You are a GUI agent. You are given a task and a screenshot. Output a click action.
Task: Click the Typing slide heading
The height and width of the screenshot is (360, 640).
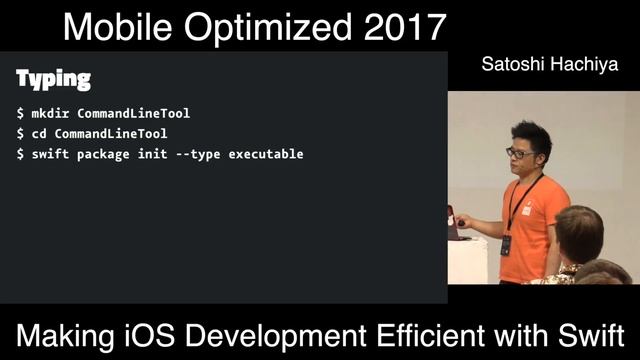54,79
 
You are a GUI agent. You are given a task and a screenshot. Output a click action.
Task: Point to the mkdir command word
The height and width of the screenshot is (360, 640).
50,114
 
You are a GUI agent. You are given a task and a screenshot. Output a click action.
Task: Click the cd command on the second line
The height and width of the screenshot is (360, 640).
38,134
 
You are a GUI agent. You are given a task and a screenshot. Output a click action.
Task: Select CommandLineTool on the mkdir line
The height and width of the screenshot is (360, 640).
133,114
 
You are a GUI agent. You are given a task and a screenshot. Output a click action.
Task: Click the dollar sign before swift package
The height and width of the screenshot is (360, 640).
20,154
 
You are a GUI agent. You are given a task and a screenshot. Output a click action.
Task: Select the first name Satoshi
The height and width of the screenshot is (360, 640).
510,66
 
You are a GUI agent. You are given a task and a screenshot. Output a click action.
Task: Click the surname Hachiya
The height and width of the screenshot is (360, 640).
582,66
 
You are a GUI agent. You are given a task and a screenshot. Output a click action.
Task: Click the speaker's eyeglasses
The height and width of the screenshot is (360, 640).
518,153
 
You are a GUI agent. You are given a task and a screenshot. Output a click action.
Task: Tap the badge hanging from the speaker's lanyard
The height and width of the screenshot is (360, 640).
506,244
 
